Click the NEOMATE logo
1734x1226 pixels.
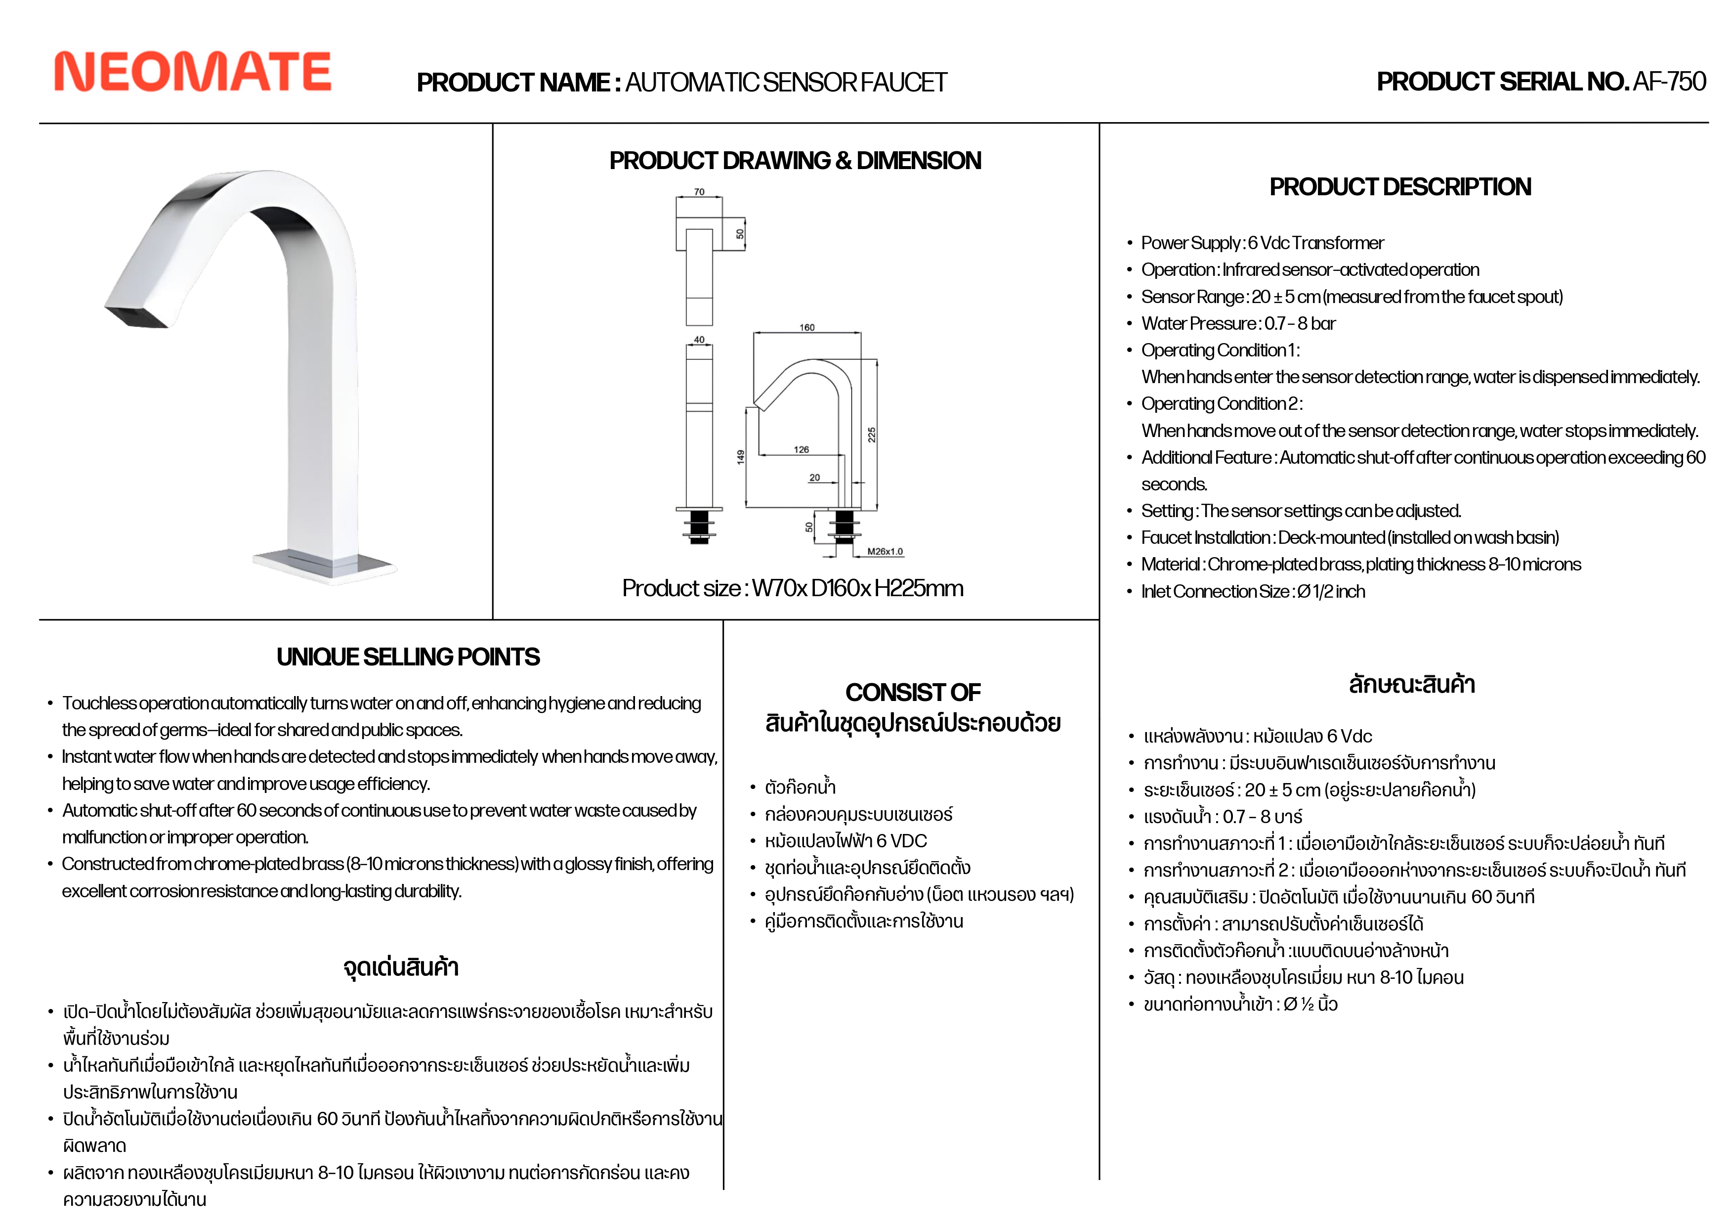click(193, 72)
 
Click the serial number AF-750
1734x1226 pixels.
click(1669, 82)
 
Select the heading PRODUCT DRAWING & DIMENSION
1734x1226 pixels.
click(795, 161)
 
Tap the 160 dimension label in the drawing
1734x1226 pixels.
click(806, 327)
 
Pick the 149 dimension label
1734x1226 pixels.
click(741, 456)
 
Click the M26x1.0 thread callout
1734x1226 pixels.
click(885, 551)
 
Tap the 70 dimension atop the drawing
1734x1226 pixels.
click(699, 192)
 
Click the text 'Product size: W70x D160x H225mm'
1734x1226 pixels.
click(792, 588)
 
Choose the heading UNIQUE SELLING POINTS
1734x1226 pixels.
click(408, 657)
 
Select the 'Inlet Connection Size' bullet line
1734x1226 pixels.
click(1253, 591)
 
